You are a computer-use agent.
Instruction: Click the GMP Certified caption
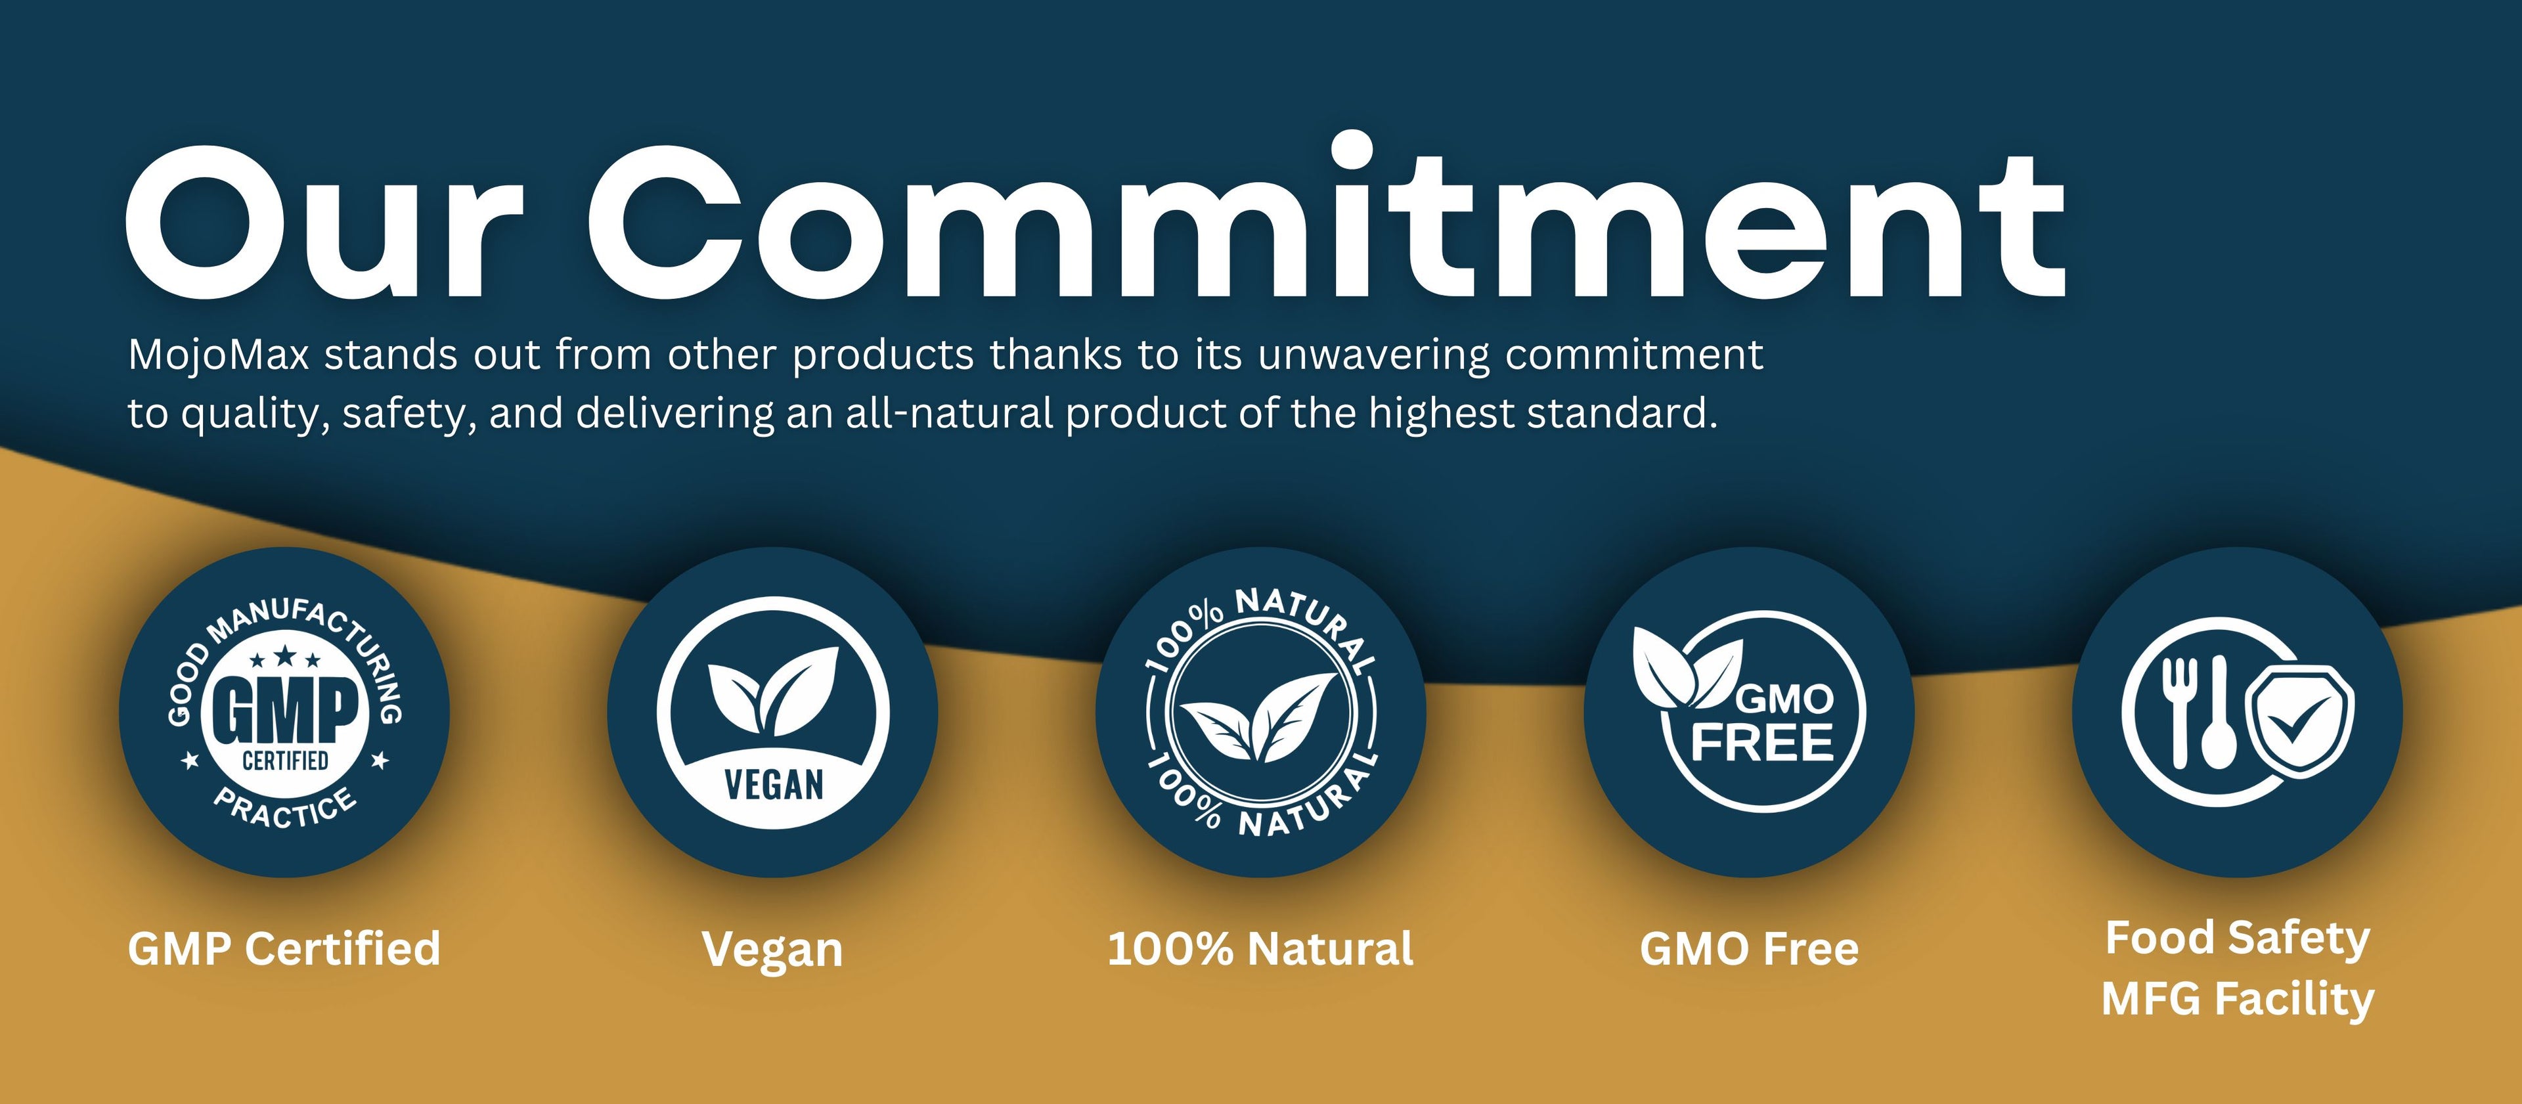(284, 948)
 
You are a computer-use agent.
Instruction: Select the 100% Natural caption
(1260, 948)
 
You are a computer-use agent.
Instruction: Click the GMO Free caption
(1748, 948)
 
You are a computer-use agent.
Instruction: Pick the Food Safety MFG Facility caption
(2238, 969)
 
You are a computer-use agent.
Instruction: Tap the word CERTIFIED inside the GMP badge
(285, 761)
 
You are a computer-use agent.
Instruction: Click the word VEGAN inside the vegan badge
(774, 785)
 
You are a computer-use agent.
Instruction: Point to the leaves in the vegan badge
(774, 691)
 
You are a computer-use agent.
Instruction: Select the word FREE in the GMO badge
(1762, 743)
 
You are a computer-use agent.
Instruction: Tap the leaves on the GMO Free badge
(1687, 669)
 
